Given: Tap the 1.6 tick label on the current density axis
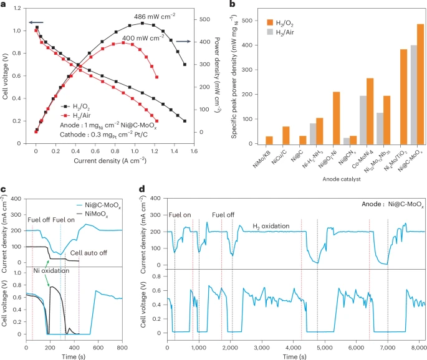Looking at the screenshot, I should coord(193,151).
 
